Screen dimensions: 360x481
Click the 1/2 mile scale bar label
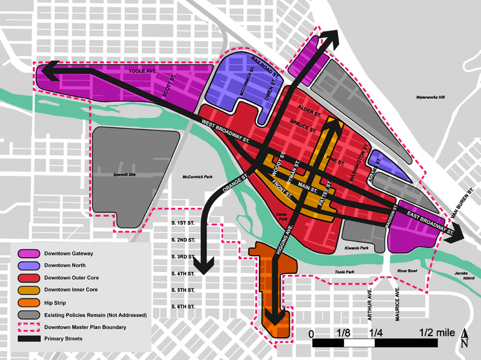coord(437,333)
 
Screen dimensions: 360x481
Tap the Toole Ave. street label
coord(142,72)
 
